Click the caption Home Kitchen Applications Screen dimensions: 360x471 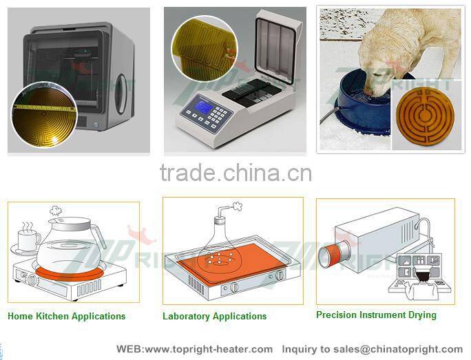tap(66, 317)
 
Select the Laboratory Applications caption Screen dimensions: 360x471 tap(214, 317)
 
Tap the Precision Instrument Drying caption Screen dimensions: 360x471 tap(376, 315)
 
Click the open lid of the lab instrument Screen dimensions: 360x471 tap(276, 47)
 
